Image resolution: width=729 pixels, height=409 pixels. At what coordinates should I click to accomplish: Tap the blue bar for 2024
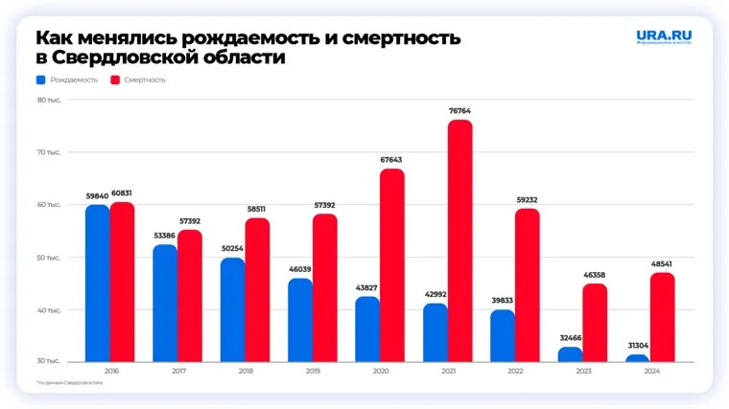coord(638,359)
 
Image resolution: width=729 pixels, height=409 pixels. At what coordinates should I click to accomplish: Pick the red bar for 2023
coord(595,324)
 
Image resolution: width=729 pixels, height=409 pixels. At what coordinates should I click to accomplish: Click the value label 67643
coord(392,160)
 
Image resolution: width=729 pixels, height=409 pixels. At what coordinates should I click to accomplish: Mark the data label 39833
coord(503,301)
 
